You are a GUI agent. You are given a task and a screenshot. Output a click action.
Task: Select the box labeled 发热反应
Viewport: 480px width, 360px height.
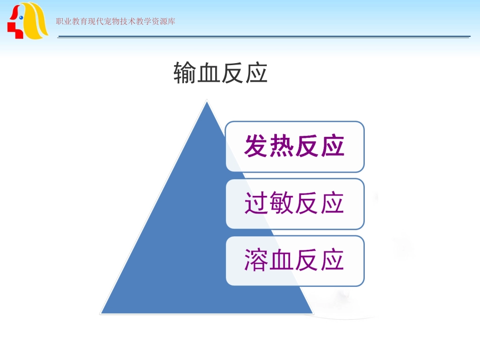point(295,146)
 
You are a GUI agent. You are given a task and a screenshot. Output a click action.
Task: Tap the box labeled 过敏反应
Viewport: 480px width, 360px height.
point(295,203)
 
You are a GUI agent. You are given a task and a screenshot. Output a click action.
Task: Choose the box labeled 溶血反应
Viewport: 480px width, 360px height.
point(295,261)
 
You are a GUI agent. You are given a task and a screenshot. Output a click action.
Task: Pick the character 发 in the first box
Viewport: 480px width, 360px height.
point(257,146)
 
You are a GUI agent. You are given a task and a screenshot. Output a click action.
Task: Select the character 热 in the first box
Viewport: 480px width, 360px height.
point(282,146)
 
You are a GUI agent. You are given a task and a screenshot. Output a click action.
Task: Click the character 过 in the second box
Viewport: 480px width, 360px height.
point(257,203)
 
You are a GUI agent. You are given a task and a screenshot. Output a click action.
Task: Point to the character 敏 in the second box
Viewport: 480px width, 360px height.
point(282,203)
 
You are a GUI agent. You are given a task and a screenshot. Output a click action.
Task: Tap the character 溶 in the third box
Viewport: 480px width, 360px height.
point(257,261)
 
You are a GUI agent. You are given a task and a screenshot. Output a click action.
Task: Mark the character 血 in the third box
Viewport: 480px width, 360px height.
point(282,261)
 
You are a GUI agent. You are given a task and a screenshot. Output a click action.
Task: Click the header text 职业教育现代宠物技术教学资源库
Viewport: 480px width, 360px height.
point(116,22)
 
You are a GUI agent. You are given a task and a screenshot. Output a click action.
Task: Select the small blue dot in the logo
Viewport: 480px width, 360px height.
point(21,17)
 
